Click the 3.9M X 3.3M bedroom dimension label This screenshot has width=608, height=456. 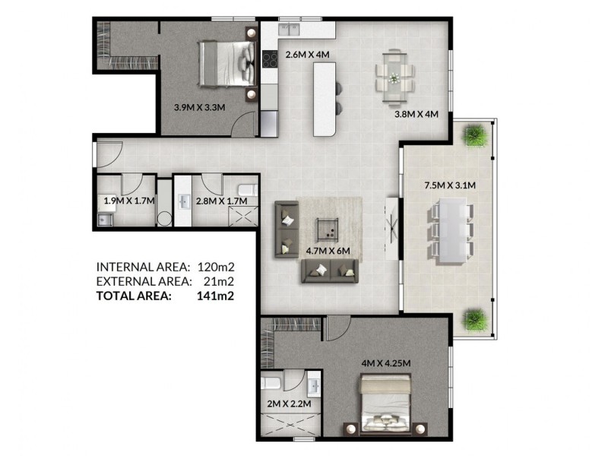(x=200, y=107)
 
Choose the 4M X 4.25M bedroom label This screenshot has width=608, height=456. (x=385, y=363)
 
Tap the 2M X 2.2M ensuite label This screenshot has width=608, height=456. (x=289, y=404)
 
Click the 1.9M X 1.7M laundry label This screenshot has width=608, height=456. (x=129, y=201)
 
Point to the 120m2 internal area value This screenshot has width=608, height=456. (x=215, y=267)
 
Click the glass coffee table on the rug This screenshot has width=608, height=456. (x=328, y=226)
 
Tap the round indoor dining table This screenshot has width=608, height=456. (x=394, y=76)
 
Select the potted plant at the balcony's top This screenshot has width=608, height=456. (x=476, y=135)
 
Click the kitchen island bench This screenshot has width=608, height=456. (x=325, y=99)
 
